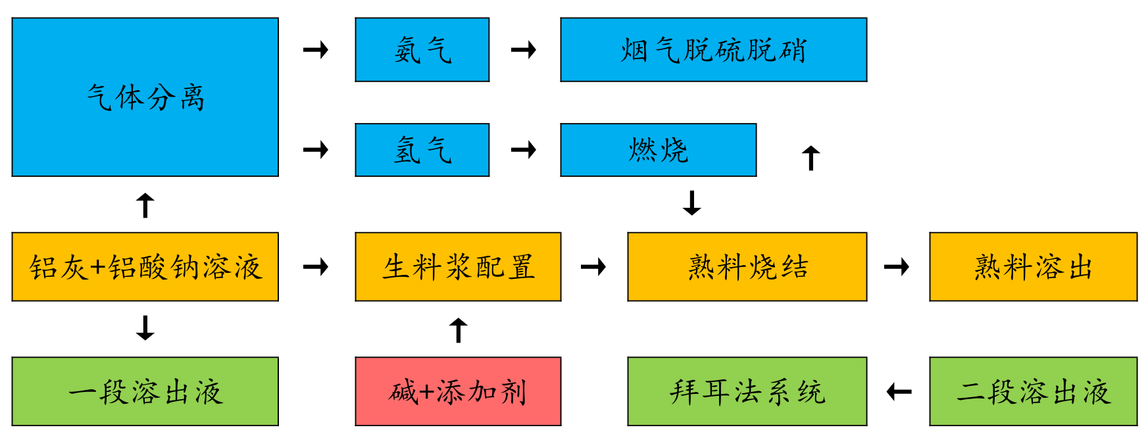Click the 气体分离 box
pyautogui.click(x=145, y=97)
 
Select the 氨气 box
pyautogui.click(x=422, y=50)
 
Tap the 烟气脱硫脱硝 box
pyautogui.click(x=714, y=50)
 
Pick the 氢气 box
pyautogui.click(x=422, y=150)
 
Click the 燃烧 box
pyautogui.click(x=659, y=150)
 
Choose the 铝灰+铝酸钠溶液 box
pyautogui.click(x=145, y=267)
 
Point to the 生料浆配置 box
pyautogui.click(x=459, y=267)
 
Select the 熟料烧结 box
pyautogui.click(x=747, y=267)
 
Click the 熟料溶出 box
pyautogui.click(x=1034, y=267)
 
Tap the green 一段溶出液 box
pyautogui.click(x=145, y=392)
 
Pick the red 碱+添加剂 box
pyautogui.click(x=459, y=392)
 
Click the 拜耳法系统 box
pyautogui.click(x=747, y=392)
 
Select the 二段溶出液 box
pyautogui.click(x=1034, y=392)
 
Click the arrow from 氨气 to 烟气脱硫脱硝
pyautogui.click(x=524, y=50)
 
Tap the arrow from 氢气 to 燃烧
pyautogui.click(x=524, y=150)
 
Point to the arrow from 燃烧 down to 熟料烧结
pyautogui.click(x=692, y=203)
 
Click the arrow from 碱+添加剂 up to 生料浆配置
pyautogui.click(x=459, y=330)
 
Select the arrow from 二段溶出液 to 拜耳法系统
pyautogui.click(x=899, y=393)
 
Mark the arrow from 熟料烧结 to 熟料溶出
pyautogui.click(x=897, y=267)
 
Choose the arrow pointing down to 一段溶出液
pyautogui.click(x=145, y=328)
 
